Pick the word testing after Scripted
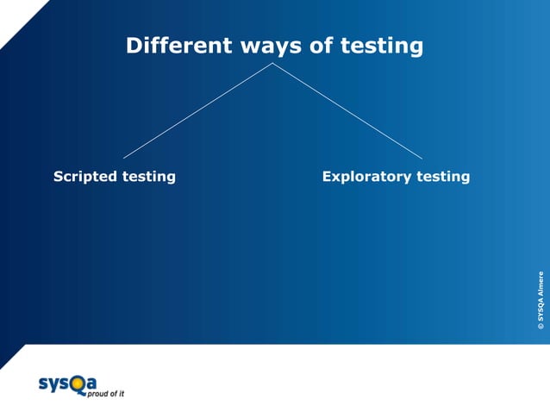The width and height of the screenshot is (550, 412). (148, 177)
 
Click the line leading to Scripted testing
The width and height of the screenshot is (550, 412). (198, 110)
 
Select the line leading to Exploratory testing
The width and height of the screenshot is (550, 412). (347, 110)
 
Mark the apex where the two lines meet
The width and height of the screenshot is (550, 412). (273, 63)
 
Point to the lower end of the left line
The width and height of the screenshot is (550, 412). (124, 158)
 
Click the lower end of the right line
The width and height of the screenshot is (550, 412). (422, 158)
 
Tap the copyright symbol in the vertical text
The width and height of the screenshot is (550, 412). (541, 327)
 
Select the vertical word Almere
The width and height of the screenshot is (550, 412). (541, 284)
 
